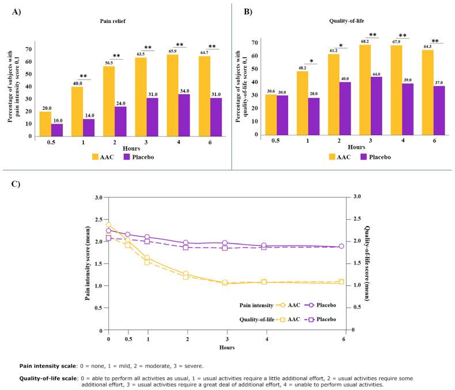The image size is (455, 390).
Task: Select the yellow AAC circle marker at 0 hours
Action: pyautogui.click(x=108, y=225)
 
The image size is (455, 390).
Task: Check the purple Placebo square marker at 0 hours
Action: pyautogui.click(x=108, y=238)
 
